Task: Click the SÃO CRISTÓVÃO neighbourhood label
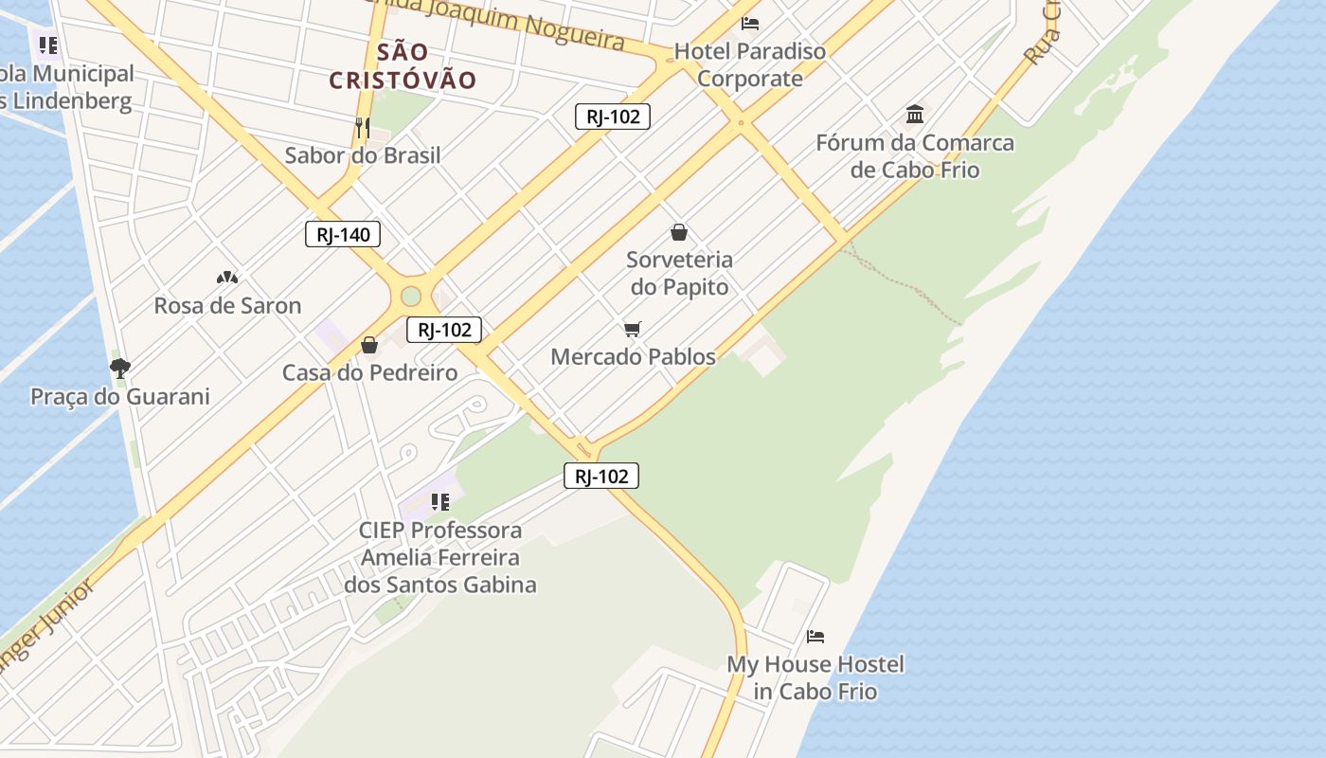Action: click(x=403, y=65)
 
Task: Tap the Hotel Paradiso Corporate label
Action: click(x=750, y=64)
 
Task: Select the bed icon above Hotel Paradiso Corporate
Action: click(x=750, y=23)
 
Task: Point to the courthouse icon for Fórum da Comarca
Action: click(x=915, y=115)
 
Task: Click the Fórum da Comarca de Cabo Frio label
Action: click(x=915, y=156)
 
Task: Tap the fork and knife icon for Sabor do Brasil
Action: click(x=362, y=127)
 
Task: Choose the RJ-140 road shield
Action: click(x=343, y=234)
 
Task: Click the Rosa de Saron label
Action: click(x=227, y=305)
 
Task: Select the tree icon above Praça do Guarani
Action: click(x=119, y=368)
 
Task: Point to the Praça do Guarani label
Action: click(x=120, y=396)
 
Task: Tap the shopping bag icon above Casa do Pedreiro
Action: click(x=369, y=345)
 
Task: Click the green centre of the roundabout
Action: click(x=410, y=296)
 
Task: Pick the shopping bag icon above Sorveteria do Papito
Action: click(x=679, y=231)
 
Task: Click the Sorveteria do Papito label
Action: click(x=679, y=273)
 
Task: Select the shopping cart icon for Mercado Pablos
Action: click(x=633, y=329)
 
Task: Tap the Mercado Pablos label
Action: click(x=633, y=356)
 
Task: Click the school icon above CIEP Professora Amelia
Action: click(x=440, y=501)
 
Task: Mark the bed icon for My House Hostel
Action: click(x=815, y=636)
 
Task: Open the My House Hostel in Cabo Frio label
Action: click(x=815, y=677)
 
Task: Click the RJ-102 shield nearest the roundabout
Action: click(x=444, y=330)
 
